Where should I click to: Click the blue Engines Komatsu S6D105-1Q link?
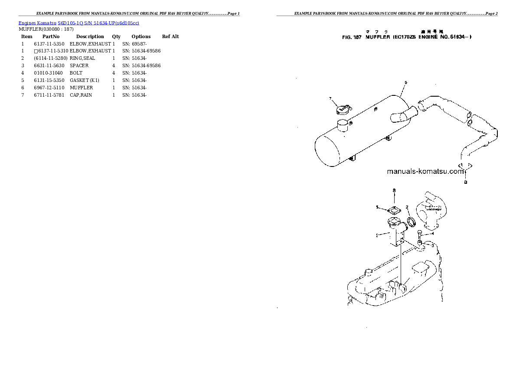pos(78,23)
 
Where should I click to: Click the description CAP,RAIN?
pos(81,95)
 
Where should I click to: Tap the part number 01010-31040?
pos(48,73)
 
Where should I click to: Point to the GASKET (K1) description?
pos(84,80)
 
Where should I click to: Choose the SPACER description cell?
pos(79,65)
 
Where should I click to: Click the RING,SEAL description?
pos(82,58)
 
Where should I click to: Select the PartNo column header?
pos(51,36)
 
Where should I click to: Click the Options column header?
pos(141,36)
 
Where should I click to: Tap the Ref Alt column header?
pos(170,36)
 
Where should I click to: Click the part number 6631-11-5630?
pos(48,65)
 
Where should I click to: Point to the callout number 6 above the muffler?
pos(405,82)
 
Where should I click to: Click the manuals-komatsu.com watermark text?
pos(425,171)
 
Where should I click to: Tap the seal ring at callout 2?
pos(411,222)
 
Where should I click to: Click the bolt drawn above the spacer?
pos(420,236)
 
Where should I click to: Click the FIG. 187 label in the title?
pos(352,37)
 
